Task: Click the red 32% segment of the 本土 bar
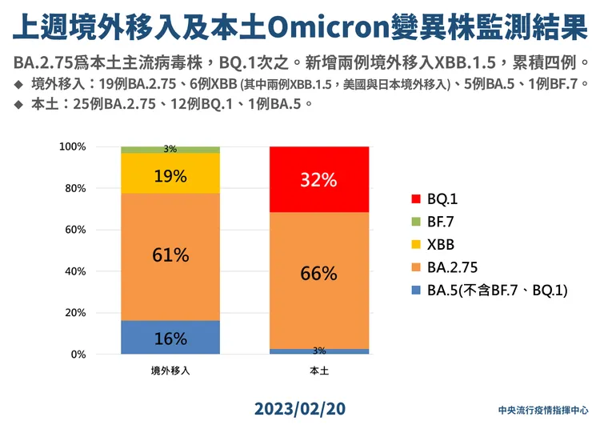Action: pos(318,179)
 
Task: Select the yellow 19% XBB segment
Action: pos(170,174)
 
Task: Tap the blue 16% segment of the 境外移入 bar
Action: pos(170,337)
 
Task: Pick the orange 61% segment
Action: pos(170,256)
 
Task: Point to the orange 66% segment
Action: pos(318,274)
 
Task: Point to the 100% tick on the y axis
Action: pos(94,147)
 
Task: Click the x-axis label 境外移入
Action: pos(170,371)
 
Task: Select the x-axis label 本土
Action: pos(318,371)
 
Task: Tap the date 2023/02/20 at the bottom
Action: pos(300,408)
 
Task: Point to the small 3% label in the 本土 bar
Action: pos(318,351)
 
